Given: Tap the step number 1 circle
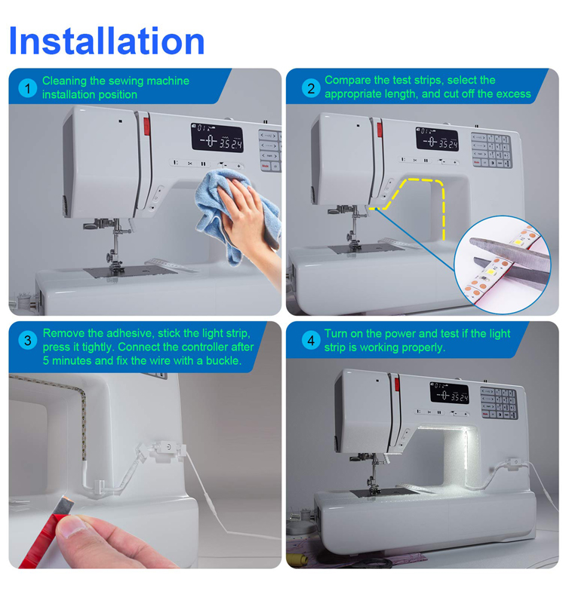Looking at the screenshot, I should pos(28,88).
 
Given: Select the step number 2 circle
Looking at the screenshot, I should pos(311,88).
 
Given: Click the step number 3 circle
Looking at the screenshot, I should pos(28,341).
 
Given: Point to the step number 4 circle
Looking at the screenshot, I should pos(311,341).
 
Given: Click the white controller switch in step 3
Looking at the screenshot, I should pos(161,451).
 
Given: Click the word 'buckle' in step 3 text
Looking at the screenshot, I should pos(223,361).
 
